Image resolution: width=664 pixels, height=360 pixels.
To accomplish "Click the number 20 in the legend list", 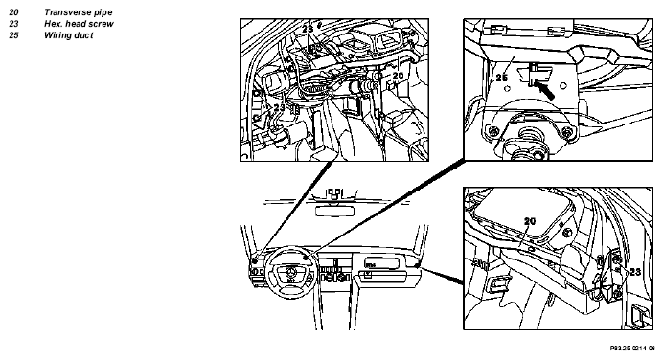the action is coord(13,12).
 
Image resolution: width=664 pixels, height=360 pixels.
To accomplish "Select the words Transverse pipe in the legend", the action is coord(79,12).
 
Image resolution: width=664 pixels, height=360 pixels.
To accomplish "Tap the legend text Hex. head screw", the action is coord(79,24).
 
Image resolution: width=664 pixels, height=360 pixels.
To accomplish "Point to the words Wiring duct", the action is coord(69,35).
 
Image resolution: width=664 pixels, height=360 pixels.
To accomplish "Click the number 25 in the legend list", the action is coord(13,35).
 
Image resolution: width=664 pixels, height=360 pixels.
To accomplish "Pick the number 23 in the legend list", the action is coord(13,24).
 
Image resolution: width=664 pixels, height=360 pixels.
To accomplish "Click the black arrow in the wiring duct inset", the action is coord(545,91).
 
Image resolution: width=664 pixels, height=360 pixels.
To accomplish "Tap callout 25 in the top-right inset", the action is coord(502,78).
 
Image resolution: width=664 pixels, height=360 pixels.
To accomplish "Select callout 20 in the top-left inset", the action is coord(398,76).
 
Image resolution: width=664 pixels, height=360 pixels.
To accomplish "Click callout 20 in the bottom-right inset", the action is coord(530,221).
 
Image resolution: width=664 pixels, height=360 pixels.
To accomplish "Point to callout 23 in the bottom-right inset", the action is coord(635,272).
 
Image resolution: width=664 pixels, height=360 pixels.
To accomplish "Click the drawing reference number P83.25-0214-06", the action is coord(632,349).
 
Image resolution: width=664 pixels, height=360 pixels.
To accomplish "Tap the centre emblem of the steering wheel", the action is coord(290,272).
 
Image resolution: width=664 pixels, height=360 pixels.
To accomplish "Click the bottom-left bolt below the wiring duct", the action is coord(492,131).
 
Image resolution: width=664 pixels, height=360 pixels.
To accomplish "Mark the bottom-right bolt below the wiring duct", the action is coord(566,134).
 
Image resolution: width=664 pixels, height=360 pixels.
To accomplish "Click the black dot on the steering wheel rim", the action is coord(306,258).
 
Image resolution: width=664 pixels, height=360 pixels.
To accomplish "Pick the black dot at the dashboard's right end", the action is coord(418,265).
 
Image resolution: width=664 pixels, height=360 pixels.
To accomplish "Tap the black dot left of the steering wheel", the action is coord(254,261).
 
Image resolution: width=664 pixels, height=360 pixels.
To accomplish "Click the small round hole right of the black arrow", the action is coord(563,86).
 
